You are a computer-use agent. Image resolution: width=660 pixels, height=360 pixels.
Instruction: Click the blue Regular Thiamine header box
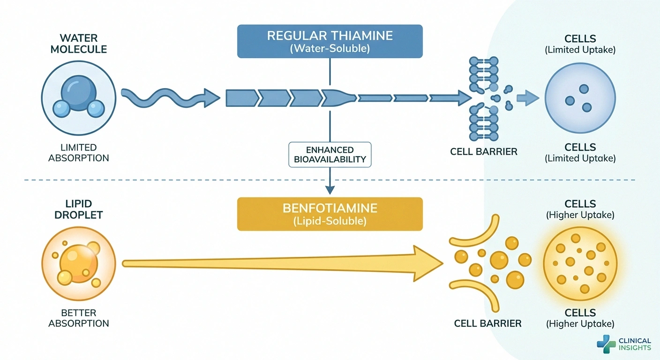pyautogui.click(x=330, y=41)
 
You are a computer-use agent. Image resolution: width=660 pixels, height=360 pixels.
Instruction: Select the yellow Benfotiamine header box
pyautogui.click(x=330, y=214)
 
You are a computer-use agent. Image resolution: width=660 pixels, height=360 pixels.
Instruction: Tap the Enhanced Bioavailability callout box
pyautogui.click(x=330, y=154)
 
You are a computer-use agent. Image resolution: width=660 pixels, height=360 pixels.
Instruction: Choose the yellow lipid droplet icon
pyautogui.click(x=79, y=265)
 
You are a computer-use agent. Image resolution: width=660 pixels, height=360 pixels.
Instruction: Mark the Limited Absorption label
pyautogui.click(x=79, y=152)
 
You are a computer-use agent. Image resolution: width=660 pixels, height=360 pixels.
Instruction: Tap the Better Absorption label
pyautogui.click(x=79, y=318)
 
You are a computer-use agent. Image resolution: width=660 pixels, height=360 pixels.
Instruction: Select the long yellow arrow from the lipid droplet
pyautogui.click(x=281, y=264)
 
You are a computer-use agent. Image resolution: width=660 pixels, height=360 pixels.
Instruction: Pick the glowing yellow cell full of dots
pyautogui.click(x=580, y=265)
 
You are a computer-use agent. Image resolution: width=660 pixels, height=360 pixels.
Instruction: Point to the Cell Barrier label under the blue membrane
pyautogui.click(x=483, y=151)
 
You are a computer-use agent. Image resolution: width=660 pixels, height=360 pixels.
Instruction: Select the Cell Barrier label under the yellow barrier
pyautogui.click(x=487, y=323)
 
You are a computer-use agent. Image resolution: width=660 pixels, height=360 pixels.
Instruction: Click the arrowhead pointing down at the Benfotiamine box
pyautogui.click(x=330, y=189)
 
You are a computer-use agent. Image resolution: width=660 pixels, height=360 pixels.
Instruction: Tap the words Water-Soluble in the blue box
pyautogui.click(x=330, y=48)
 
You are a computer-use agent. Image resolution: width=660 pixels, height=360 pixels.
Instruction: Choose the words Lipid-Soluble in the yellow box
pyautogui.click(x=330, y=221)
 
